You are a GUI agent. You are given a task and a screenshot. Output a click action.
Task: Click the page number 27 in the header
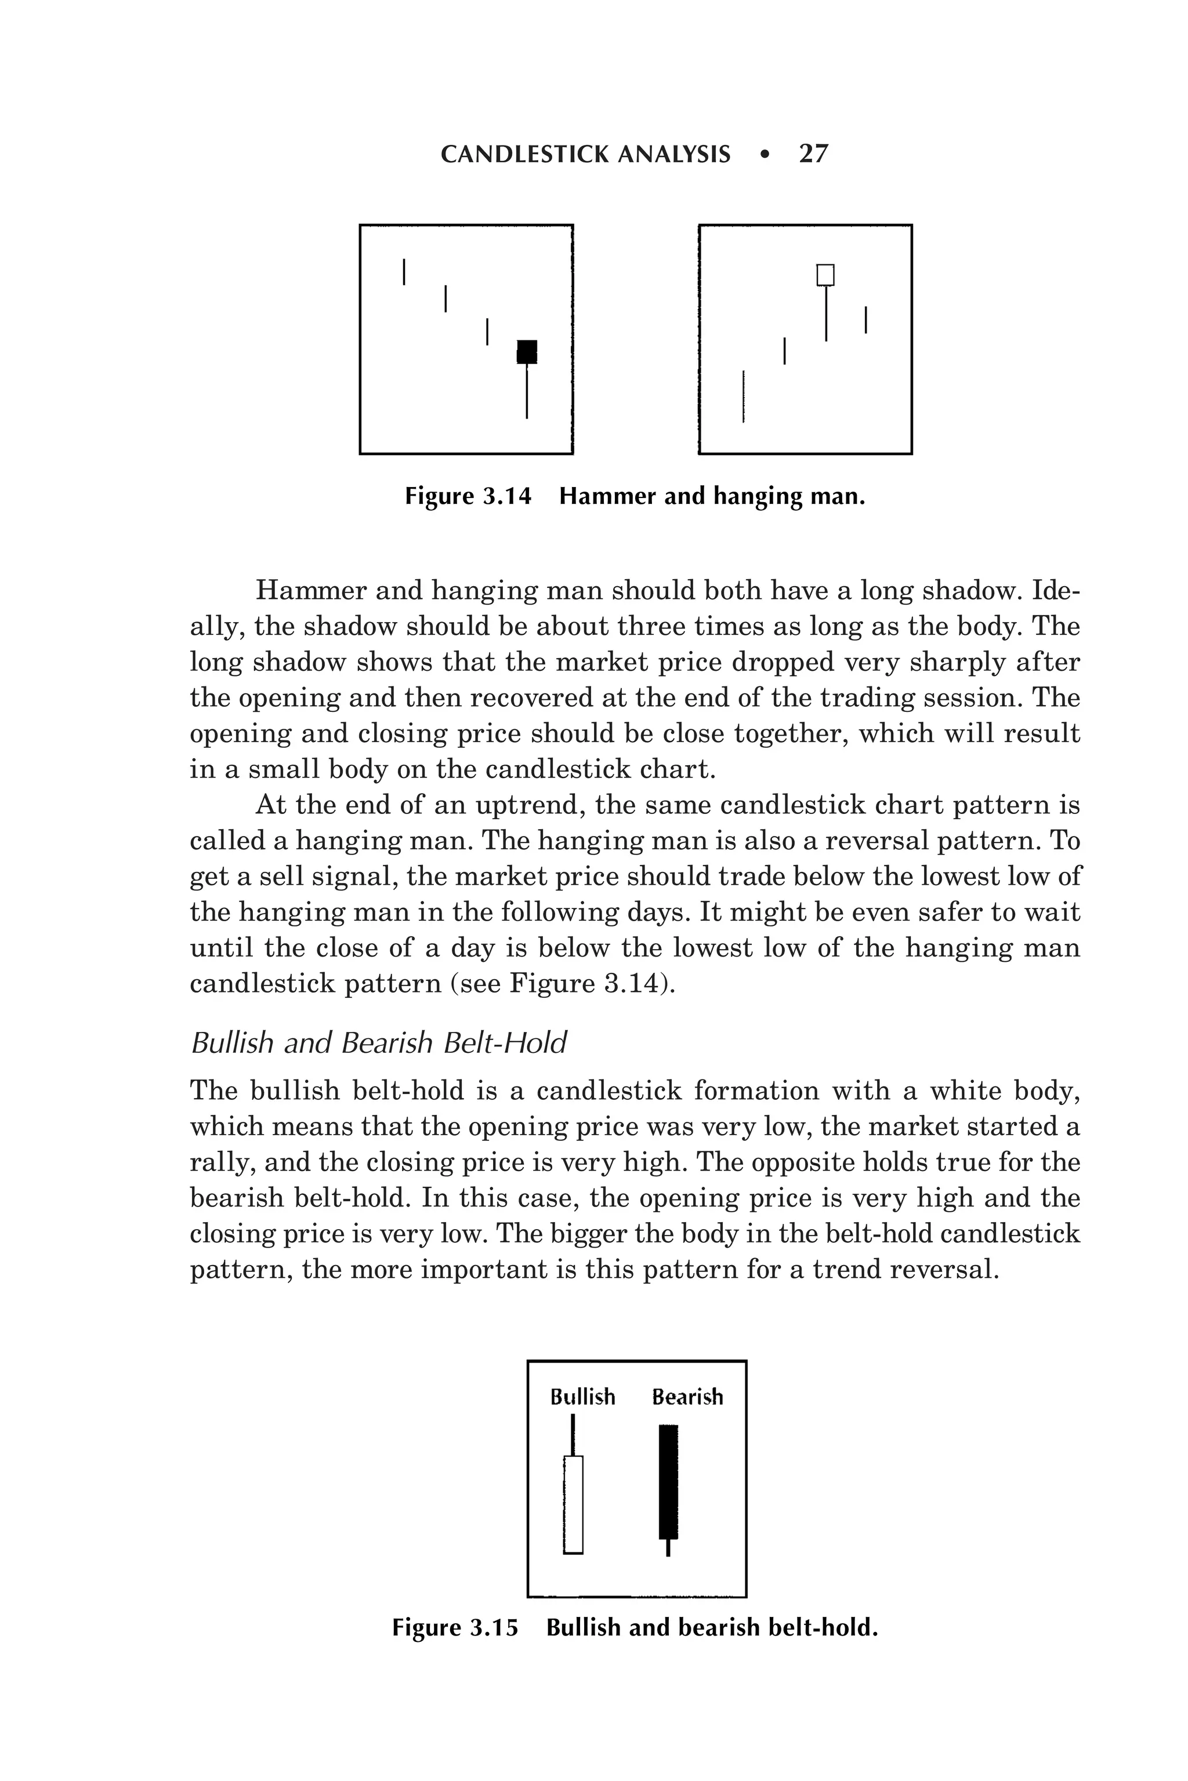click(x=814, y=154)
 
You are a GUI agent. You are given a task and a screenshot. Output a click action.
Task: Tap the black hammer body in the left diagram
click(x=527, y=351)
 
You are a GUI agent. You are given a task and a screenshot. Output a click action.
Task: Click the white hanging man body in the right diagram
click(x=825, y=275)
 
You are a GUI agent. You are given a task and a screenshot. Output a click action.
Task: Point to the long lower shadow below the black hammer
click(x=527, y=391)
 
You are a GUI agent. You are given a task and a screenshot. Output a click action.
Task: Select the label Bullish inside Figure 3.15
click(x=582, y=1397)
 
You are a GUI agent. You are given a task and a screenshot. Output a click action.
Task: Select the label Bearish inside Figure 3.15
click(x=687, y=1397)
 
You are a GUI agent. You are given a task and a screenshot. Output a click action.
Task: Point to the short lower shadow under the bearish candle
click(x=668, y=1548)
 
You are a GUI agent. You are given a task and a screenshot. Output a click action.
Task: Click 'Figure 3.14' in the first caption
click(x=468, y=497)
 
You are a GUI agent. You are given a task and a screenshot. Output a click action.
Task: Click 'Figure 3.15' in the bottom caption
click(x=455, y=1627)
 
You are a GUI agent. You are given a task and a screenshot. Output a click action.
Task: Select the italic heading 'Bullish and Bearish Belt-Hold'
click(x=378, y=1044)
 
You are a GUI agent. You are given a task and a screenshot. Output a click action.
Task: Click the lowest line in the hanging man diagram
click(x=743, y=396)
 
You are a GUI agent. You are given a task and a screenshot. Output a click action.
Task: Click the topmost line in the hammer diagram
click(x=404, y=272)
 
